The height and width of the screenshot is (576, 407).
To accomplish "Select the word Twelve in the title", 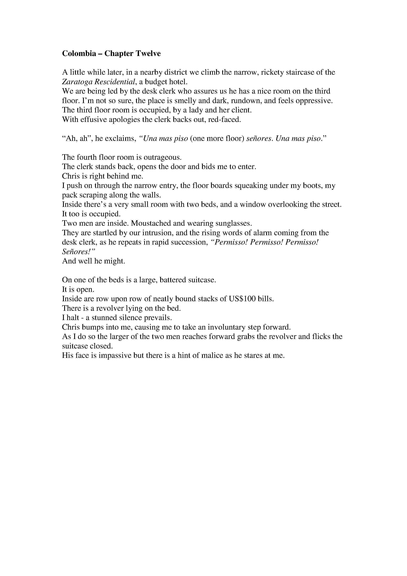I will point(148,54).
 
